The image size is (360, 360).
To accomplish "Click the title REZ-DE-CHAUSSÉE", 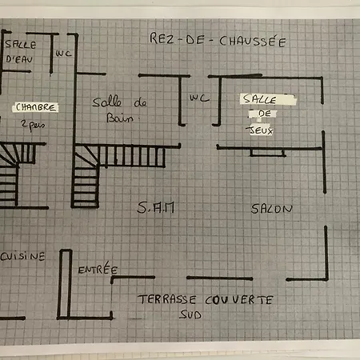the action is [x=218, y=40].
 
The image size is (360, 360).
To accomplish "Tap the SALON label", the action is [x=271, y=209].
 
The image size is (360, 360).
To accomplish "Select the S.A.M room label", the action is [x=156, y=207].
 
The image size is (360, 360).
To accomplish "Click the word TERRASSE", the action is [x=167, y=299].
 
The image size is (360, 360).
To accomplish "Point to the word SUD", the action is [x=190, y=314].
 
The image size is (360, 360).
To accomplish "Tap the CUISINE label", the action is [x=22, y=256].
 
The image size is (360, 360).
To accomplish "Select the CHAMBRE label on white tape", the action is [x=35, y=107].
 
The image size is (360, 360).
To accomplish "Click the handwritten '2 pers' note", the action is [x=33, y=125].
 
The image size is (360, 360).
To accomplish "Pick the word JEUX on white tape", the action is [x=260, y=130].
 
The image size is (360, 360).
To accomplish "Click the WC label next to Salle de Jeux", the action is [x=199, y=98].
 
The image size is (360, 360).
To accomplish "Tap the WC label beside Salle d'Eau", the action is [x=63, y=54].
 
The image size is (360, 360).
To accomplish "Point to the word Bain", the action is [x=120, y=118].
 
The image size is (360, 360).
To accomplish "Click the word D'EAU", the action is [x=19, y=59].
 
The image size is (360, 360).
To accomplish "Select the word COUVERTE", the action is [x=239, y=300].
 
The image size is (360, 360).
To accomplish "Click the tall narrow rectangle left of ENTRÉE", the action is [x=65, y=284].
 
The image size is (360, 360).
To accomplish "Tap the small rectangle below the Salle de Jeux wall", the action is [x=267, y=153].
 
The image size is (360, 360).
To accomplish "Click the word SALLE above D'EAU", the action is [x=21, y=44].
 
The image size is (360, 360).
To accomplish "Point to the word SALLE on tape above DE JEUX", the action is [x=259, y=99].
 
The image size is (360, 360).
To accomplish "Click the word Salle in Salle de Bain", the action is [x=107, y=102].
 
